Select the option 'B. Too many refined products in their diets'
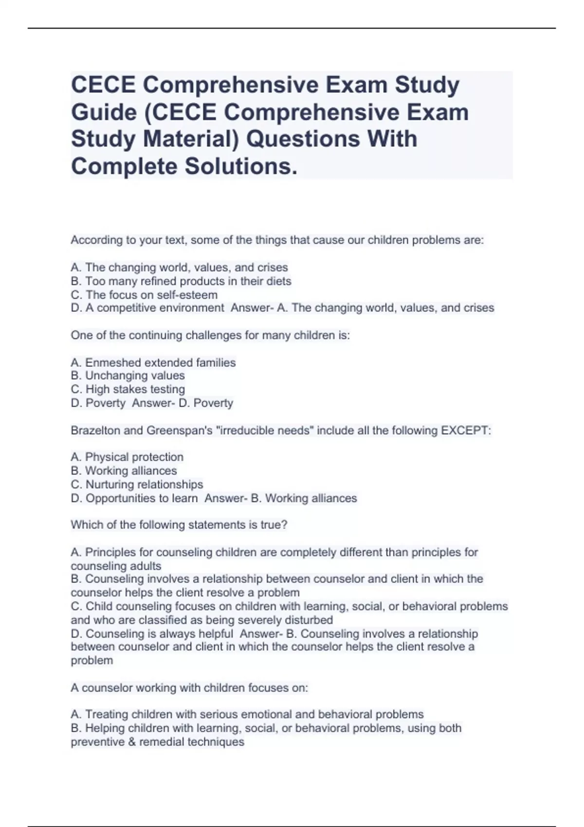click(181, 281)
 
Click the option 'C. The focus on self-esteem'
click(144, 295)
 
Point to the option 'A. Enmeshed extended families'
click(153, 362)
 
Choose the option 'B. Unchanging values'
click(128, 376)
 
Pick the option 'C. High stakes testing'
click(128, 389)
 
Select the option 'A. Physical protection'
click(127, 457)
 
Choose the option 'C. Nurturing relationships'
click(137, 485)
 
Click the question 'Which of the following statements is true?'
click(179, 525)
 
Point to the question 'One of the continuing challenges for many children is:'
click(210, 335)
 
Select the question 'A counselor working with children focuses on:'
click(189, 688)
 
